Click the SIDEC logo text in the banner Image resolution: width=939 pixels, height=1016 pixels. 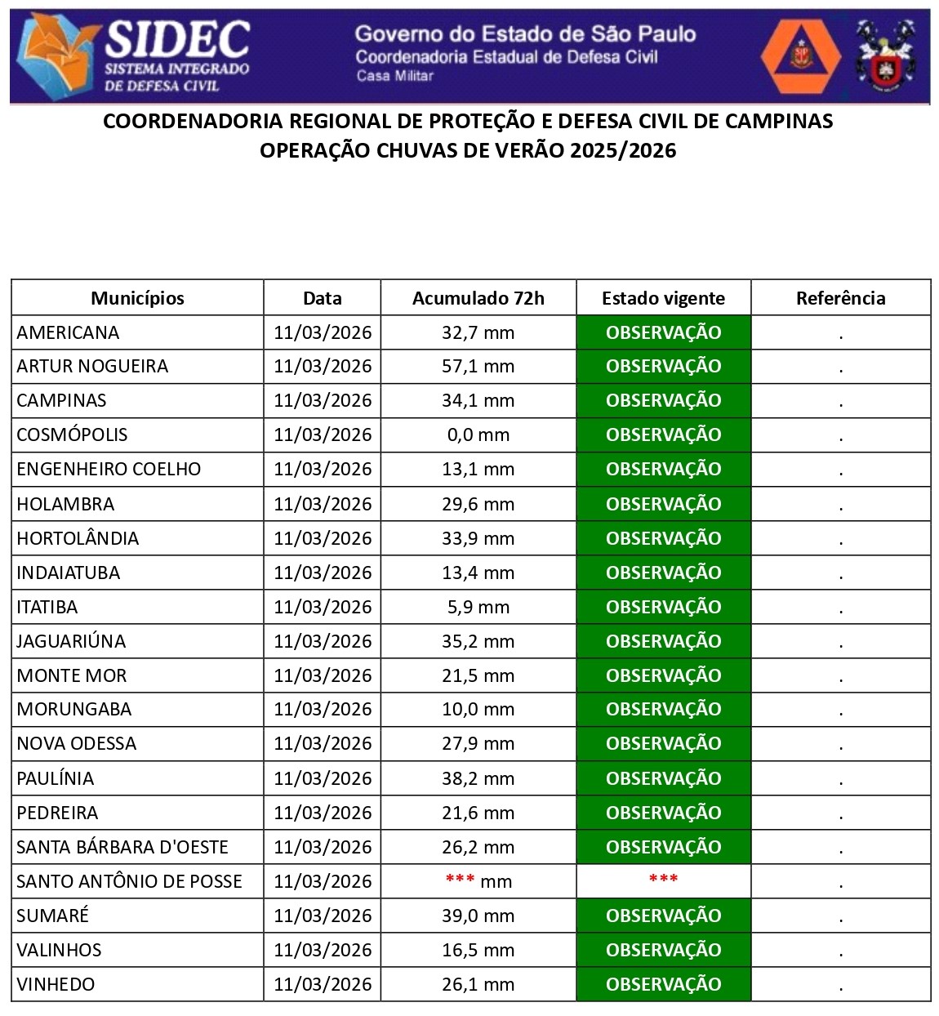[x=177, y=38]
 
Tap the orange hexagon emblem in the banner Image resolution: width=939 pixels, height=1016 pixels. [x=800, y=56]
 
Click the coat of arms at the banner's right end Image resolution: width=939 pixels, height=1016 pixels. [x=885, y=56]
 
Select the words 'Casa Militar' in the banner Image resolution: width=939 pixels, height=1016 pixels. [x=394, y=76]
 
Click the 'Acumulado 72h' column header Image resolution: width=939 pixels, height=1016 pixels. [x=478, y=298]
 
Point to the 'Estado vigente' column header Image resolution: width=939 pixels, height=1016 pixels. [x=663, y=298]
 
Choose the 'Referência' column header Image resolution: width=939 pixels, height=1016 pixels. [x=840, y=298]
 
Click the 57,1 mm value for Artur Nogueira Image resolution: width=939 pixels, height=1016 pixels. [x=478, y=366]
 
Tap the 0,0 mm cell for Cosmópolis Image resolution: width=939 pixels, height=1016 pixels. [x=478, y=434]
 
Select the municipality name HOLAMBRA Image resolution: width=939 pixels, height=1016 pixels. [x=65, y=504]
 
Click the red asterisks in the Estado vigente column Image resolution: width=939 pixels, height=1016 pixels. [x=663, y=880]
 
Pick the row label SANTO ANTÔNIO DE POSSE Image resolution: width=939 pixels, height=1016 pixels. [x=129, y=881]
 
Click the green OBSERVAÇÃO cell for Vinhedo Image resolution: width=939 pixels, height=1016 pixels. [x=663, y=984]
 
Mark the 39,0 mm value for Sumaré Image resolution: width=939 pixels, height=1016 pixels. [x=478, y=916]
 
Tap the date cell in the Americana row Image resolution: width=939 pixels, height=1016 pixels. [x=322, y=332]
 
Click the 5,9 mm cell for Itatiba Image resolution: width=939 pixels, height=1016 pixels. [x=478, y=607]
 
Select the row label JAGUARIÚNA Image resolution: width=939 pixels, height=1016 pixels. [x=71, y=641]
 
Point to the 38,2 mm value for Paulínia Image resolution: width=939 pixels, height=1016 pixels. [x=478, y=778]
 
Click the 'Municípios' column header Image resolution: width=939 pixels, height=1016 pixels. [x=137, y=298]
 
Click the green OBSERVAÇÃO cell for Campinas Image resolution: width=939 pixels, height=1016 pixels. [x=663, y=400]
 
